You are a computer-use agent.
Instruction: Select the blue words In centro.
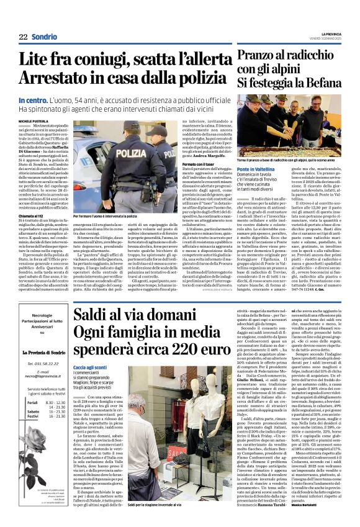(34, 100)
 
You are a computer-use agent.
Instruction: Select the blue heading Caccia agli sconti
(95, 367)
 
